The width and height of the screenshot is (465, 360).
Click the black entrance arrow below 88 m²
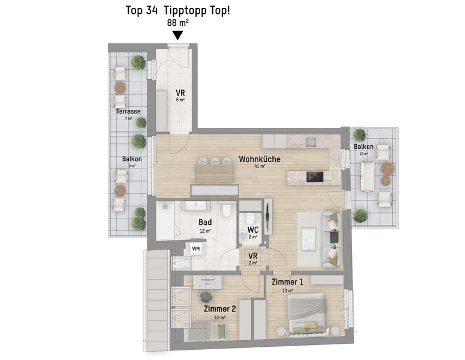tap(178, 36)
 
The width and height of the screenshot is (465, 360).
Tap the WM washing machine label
tap(196, 249)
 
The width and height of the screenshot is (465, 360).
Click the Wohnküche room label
tap(260, 159)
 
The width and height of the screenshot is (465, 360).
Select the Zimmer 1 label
tap(287, 282)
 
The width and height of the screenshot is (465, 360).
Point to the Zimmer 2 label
tap(220, 309)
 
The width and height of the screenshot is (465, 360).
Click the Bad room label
tap(205, 222)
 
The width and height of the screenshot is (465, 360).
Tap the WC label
tap(253, 230)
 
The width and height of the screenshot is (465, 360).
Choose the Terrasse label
tap(128, 112)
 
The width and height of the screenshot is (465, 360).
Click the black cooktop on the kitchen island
tap(315, 176)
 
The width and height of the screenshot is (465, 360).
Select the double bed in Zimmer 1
tap(307, 314)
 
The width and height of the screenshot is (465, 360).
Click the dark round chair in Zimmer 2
tap(206, 297)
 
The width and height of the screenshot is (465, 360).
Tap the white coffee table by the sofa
tap(308, 238)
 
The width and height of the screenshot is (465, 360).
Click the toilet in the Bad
tap(227, 210)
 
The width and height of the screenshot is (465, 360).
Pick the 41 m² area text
tap(260, 166)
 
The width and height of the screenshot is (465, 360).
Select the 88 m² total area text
tap(178, 23)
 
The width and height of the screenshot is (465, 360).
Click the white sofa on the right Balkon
tap(367, 176)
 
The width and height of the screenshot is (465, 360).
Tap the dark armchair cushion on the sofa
tap(334, 236)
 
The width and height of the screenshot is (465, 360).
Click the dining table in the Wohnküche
tap(214, 173)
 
